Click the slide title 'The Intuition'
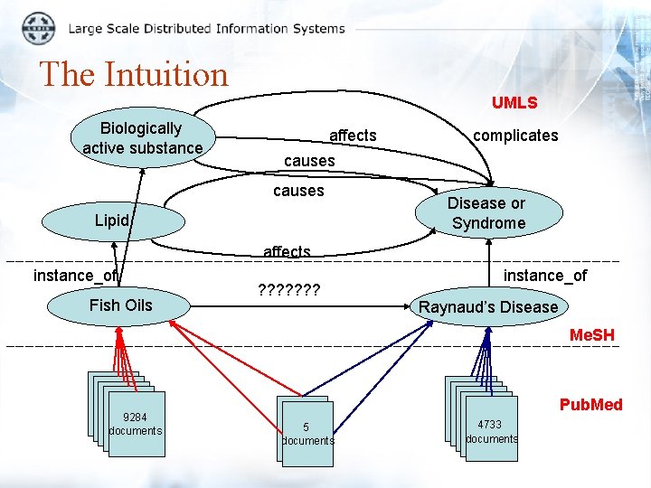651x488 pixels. coord(134,74)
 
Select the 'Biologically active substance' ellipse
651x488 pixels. coord(141,138)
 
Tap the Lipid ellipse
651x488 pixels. coord(113,221)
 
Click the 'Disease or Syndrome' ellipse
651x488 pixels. coord(488,213)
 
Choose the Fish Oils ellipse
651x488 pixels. coord(121,305)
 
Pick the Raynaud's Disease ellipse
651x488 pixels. coord(488,307)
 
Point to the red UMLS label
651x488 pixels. coord(514,103)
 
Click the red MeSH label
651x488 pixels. coord(592,335)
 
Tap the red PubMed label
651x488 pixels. coord(590,405)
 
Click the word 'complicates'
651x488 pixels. coord(515,136)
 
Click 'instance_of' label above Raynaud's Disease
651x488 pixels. coord(545,276)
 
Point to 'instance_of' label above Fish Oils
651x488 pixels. coord(75,276)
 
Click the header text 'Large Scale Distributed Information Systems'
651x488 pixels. coord(206,28)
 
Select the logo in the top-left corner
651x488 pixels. coord(38,28)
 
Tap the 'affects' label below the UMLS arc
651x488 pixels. coord(353,136)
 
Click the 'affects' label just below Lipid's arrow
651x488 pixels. coord(287,252)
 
